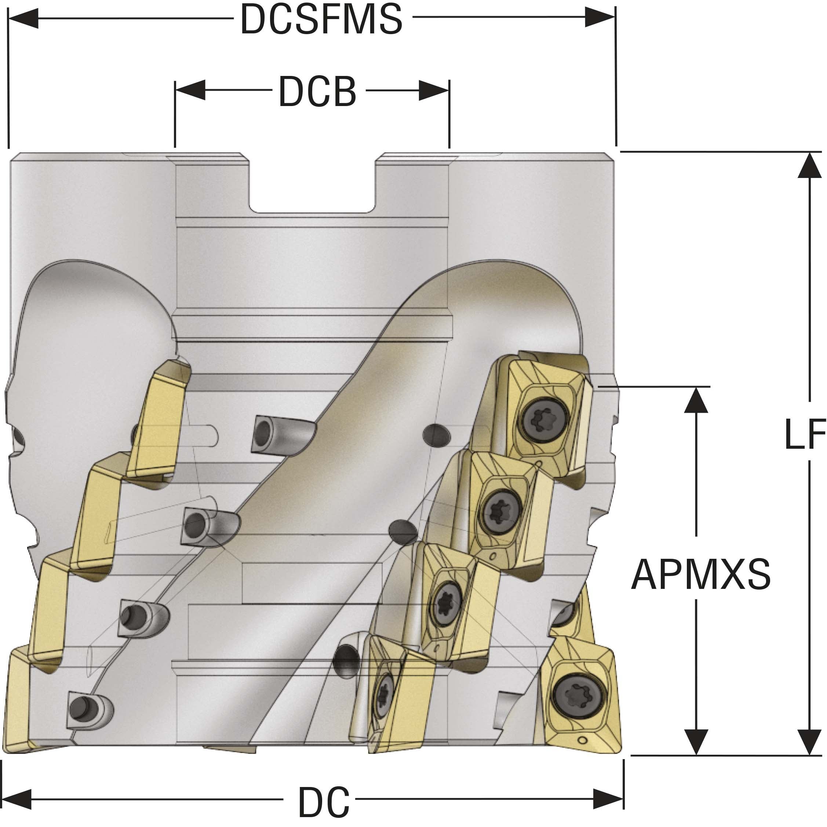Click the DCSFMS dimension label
pyautogui.click(x=321, y=19)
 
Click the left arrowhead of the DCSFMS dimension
pyautogui.click(x=23, y=18)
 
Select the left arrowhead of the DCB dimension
pyautogui.click(x=190, y=90)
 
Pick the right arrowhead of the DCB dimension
pyautogui.click(x=434, y=90)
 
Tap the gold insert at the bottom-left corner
pyautogui.click(x=17, y=706)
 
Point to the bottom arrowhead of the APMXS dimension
pyautogui.click(x=696, y=740)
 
